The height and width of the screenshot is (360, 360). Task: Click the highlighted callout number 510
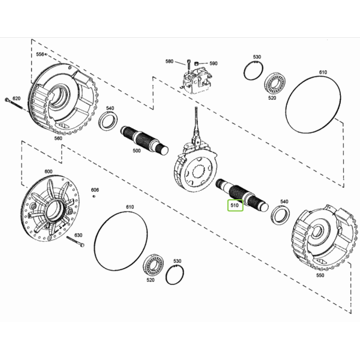click(235, 205)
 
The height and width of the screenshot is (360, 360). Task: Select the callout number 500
click(137, 151)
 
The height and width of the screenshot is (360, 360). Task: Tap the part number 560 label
click(58, 138)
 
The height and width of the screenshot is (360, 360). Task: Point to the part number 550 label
click(320, 275)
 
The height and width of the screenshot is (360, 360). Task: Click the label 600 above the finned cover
click(48, 172)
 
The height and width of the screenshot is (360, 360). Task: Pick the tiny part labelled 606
click(94, 196)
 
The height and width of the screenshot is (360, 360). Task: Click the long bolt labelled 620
click(14, 104)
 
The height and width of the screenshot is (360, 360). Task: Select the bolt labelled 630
click(76, 242)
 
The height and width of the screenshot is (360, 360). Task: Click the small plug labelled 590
click(196, 64)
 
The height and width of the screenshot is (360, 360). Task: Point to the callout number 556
click(40, 55)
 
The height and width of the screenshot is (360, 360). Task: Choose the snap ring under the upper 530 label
click(253, 71)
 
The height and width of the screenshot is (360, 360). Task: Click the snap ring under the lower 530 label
click(175, 275)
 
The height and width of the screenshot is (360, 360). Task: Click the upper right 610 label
click(323, 73)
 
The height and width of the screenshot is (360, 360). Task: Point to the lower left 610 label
click(130, 207)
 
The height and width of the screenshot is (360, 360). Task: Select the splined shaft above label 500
click(145, 140)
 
